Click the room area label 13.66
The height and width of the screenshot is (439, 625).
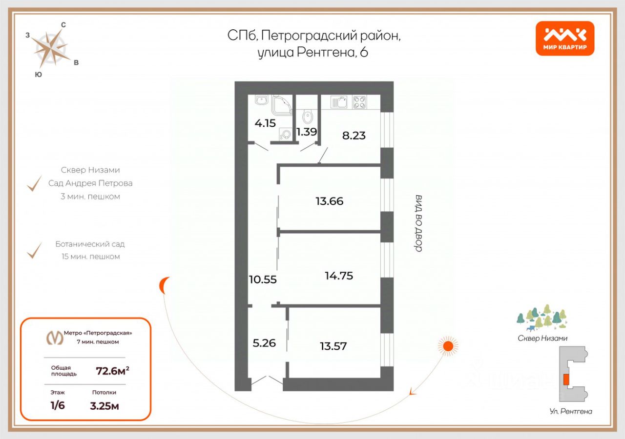coord(330,201)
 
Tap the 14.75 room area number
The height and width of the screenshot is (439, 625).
coord(339,276)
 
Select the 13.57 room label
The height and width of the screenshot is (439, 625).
coord(333,346)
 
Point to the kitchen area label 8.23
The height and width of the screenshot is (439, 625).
coord(354,136)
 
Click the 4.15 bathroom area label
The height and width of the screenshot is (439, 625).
coord(265,123)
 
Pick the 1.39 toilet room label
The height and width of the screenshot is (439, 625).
coord(307,132)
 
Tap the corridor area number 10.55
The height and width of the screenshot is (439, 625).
coord(263,280)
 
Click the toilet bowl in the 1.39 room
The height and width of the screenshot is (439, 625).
coord(308,117)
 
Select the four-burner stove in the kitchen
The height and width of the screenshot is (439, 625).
coord(359,102)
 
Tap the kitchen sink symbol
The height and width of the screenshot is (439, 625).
coord(339,102)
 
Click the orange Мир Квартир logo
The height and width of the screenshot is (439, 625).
coord(564,39)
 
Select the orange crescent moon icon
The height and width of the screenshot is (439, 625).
coord(165,285)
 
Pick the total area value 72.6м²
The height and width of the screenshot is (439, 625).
coord(112,372)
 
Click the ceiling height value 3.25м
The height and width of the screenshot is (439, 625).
coord(104,406)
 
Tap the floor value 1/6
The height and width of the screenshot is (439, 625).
coord(58,406)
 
